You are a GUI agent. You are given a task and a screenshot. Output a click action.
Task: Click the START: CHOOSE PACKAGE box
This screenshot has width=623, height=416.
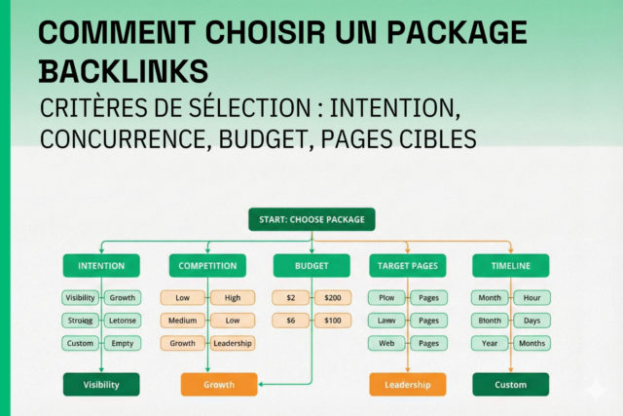[x=311, y=219]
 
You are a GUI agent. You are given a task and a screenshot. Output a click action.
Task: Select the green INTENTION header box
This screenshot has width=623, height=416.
[x=100, y=265]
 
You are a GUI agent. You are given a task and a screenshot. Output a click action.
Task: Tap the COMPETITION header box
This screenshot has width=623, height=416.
[x=208, y=265]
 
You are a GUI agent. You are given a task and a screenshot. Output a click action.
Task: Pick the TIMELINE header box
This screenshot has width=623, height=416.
[x=510, y=265]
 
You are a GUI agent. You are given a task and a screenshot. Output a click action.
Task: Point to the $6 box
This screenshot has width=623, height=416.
[x=290, y=321]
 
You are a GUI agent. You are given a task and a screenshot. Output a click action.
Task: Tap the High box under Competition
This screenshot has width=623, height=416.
[x=233, y=297]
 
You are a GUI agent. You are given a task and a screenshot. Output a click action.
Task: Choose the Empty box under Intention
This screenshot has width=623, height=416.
[x=123, y=343]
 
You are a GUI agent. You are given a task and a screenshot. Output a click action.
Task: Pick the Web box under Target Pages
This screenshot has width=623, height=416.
[x=385, y=343]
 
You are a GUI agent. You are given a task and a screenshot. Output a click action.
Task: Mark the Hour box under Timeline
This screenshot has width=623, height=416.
[x=532, y=297]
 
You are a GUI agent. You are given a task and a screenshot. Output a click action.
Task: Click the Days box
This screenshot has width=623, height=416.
[x=532, y=321]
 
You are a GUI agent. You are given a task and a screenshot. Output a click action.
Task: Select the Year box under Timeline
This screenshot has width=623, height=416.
[x=490, y=343]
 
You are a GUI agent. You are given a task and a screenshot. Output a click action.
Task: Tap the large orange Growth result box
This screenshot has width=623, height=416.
[x=219, y=384]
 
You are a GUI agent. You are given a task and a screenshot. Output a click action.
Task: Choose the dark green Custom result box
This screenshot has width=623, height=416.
[x=511, y=384]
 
